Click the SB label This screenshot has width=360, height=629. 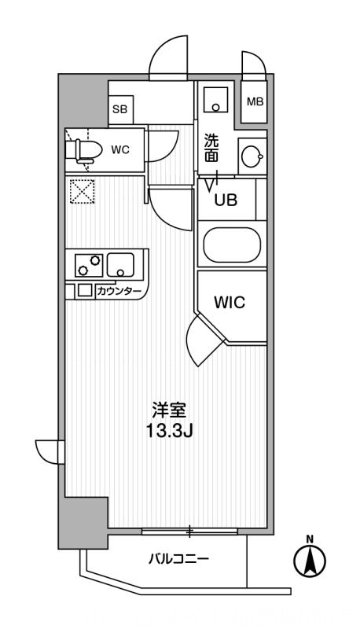click(119, 109)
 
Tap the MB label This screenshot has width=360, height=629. click(255, 102)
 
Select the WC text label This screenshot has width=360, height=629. click(120, 150)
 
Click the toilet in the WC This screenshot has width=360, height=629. click(83, 151)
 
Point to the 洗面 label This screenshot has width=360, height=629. click(211, 148)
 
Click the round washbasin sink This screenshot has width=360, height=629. click(252, 156)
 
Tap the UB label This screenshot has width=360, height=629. click(226, 200)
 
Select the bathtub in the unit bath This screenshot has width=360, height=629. click(232, 245)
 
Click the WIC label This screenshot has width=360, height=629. click(230, 303)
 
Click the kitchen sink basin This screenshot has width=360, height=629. click(120, 265)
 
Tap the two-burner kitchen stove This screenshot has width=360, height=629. click(89, 265)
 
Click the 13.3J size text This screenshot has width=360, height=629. click(170, 431)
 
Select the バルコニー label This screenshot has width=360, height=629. click(178, 558)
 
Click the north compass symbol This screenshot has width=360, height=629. click(310, 559)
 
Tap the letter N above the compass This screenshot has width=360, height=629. click(310, 539)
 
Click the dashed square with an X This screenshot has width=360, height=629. click(83, 191)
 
